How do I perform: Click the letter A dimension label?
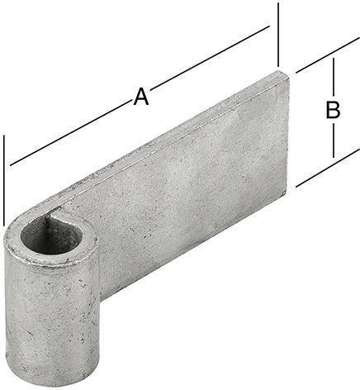tap(141, 97)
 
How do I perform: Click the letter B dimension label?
tap(333, 111)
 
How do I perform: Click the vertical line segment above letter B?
tap(334, 78)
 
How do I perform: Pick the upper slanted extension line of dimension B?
tap(327, 55)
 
